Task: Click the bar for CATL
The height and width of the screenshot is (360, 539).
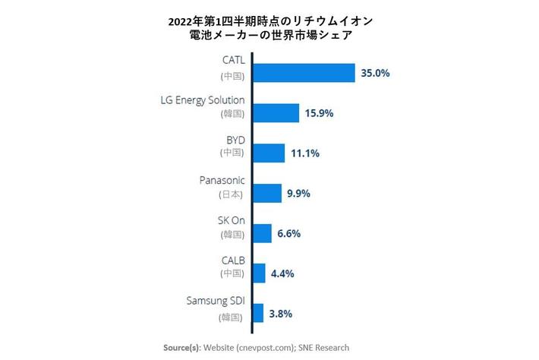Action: point(304,73)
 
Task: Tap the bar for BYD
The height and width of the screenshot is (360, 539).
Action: point(269,153)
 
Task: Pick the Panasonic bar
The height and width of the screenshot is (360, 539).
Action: point(266,193)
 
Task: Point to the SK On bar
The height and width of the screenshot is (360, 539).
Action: point(262,233)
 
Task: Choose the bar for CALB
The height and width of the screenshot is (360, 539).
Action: point(259,273)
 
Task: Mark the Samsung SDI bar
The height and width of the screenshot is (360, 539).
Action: point(257,313)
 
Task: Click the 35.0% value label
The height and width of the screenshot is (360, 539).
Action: point(376,74)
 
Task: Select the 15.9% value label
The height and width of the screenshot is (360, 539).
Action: point(320,114)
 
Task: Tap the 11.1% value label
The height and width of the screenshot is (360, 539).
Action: point(304,153)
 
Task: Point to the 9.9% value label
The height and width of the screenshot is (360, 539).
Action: point(299,194)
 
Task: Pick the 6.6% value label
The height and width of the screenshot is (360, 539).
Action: point(288,234)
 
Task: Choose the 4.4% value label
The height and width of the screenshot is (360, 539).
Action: point(282,273)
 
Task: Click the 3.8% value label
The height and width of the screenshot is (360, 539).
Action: point(280,314)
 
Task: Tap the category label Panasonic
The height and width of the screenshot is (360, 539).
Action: point(222,180)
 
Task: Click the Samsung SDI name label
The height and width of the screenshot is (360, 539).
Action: point(216,300)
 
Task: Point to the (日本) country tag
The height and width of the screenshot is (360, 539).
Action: point(231,194)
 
